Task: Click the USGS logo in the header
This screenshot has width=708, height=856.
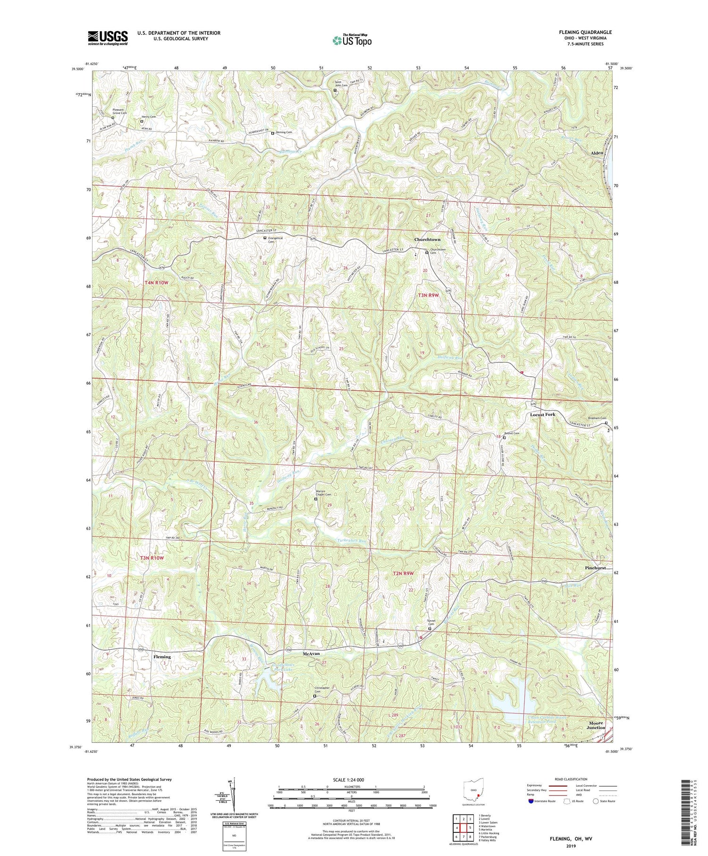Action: (108, 38)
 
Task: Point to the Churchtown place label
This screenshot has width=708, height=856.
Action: (427, 239)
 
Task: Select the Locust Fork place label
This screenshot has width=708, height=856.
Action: (542, 414)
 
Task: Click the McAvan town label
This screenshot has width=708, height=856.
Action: (311, 653)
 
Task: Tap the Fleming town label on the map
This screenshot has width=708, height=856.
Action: (161, 657)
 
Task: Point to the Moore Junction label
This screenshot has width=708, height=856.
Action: (597, 725)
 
